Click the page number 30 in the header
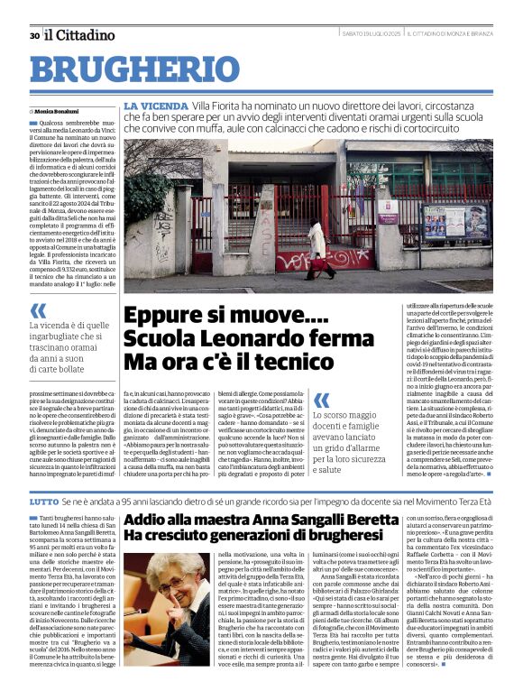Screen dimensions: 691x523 34,36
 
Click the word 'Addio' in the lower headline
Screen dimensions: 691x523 145,520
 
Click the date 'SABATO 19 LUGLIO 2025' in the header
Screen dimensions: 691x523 372,35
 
